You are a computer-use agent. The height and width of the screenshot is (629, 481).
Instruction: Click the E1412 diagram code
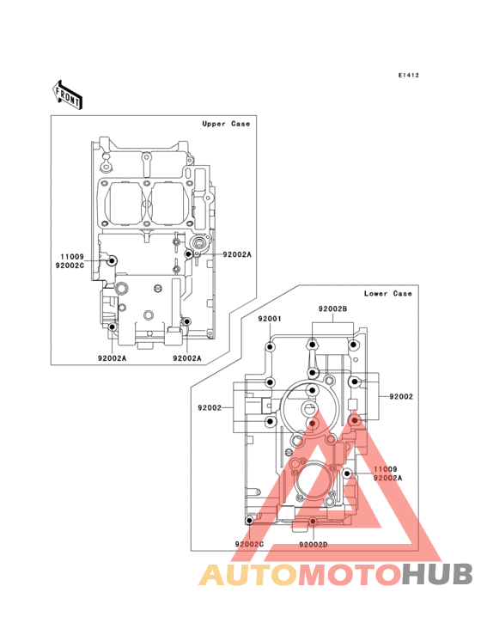409,75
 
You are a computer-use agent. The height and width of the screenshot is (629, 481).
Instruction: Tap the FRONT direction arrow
67,95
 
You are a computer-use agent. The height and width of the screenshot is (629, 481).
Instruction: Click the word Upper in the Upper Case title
214,124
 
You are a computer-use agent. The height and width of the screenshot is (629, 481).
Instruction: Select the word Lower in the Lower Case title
375,293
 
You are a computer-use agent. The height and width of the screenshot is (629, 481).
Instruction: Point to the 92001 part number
270,319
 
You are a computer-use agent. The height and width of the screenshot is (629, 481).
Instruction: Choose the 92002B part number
332,308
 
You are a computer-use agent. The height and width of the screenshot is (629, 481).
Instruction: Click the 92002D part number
313,544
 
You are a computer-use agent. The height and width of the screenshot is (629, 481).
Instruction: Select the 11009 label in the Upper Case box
72,257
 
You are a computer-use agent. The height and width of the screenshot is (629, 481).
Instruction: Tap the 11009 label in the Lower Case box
385,469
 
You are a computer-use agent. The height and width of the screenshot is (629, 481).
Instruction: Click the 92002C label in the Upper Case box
70,266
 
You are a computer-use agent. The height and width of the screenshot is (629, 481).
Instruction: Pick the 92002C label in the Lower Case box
249,544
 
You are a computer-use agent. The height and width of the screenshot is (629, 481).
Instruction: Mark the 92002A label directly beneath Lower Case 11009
387,478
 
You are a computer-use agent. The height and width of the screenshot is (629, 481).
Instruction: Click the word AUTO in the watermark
248,574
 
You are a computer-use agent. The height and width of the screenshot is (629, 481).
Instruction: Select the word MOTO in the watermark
350,574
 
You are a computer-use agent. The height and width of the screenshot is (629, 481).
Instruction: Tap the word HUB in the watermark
437,574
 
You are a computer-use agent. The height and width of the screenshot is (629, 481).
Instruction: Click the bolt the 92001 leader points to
271,346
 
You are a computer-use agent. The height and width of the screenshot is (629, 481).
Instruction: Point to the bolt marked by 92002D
313,522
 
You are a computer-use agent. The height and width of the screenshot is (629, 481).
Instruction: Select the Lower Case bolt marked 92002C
249,521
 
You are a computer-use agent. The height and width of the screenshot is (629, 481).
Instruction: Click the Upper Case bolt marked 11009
112,260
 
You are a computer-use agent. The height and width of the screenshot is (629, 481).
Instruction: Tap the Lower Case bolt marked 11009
348,473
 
